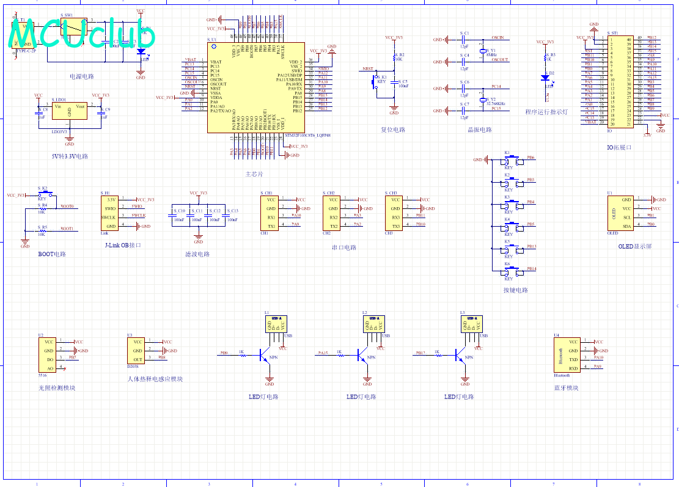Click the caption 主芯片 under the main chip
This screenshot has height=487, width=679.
coord(254,174)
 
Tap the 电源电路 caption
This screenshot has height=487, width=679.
coord(82,77)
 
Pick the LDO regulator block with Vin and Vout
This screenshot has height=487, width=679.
coord(69,111)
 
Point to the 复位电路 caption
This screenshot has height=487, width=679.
coord(393,130)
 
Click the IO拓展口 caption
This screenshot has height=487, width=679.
coord(619,148)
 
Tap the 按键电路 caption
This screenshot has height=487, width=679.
coord(515,290)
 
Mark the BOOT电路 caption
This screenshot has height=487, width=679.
coord(52,254)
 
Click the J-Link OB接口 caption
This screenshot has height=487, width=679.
coord(123,245)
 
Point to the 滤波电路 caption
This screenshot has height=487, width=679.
coord(197,254)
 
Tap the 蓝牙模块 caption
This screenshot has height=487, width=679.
coord(565,387)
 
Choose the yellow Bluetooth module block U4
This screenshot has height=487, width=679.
coord(566,356)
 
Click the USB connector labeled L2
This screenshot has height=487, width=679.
coord(372,323)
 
